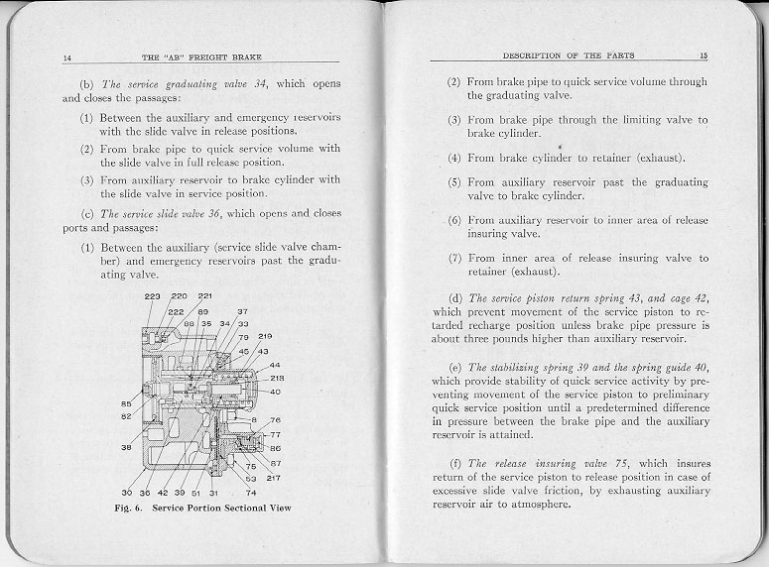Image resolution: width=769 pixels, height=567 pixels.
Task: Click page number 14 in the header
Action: [65, 58]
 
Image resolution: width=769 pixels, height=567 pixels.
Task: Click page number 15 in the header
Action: [703, 55]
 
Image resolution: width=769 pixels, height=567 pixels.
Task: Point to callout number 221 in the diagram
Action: [205, 295]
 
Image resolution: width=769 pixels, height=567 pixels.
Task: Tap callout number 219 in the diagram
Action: [265, 336]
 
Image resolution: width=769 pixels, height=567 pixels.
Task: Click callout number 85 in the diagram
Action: [127, 403]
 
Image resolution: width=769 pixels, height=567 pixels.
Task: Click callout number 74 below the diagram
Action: [251, 493]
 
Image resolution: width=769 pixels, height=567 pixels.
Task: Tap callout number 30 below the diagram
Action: [127, 493]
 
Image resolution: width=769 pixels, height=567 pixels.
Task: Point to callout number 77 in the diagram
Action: [276, 435]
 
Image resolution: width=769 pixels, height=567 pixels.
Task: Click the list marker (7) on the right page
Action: [453, 258]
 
